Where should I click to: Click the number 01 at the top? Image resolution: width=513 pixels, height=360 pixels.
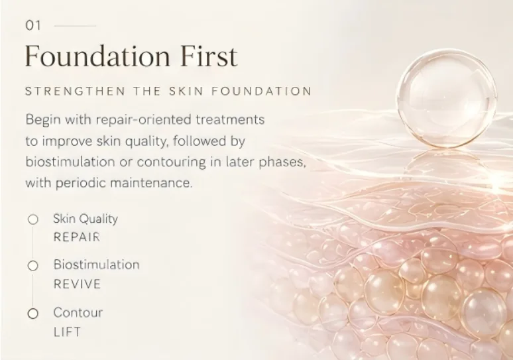[x=33, y=26]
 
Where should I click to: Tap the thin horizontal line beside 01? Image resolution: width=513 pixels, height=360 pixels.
[x=75, y=26]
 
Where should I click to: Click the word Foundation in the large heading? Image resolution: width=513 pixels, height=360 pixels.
[x=97, y=56]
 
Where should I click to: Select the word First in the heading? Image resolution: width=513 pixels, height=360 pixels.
[x=209, y=56]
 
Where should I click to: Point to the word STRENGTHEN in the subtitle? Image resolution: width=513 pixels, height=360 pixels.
[x=76, y=91]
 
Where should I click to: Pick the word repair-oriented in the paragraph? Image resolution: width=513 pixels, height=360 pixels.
[x=143, y=120]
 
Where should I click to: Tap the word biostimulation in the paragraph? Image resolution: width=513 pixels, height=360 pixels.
[x=70, y=162]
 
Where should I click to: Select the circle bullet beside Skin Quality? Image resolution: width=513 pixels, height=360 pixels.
[x=32, y=219]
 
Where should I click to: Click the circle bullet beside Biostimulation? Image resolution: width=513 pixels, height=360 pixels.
[x=32, y=266]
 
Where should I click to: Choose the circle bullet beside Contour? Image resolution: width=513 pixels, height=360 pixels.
[x=32, y=314]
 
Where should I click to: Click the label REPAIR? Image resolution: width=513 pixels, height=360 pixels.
[x=77, y=237]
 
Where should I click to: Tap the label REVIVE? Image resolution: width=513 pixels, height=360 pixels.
[x=77, y=284]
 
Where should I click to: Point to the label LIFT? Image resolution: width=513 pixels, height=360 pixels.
[x=67, y=332]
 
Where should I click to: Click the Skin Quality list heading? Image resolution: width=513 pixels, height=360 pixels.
[x=85, y=219]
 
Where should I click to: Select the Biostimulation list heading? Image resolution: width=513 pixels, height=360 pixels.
[x=97, y=265]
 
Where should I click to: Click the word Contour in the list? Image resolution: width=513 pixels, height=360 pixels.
[x=78, y=312]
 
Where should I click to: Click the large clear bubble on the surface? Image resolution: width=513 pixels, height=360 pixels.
[x=447, y=98]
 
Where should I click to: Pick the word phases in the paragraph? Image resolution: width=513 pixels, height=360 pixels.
[x=282, y=162]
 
